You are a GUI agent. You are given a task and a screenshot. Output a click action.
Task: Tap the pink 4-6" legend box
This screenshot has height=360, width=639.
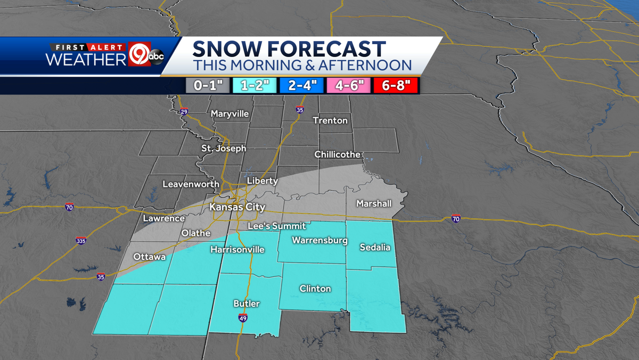[349, 86]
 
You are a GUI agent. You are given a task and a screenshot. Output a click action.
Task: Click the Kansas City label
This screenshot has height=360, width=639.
[237, 207]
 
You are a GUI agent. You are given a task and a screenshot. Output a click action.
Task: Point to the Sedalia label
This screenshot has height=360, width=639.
[375, 247]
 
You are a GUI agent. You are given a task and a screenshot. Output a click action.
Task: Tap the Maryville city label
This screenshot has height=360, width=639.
[230, 113]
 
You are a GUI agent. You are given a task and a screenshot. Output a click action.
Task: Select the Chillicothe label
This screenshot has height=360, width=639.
[337, 154]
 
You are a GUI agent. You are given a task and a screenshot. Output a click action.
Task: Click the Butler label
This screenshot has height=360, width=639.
[247, 304]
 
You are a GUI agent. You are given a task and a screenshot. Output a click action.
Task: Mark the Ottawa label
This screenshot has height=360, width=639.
[150, 257]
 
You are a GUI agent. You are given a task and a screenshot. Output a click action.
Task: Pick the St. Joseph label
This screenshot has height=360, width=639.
[224, 148]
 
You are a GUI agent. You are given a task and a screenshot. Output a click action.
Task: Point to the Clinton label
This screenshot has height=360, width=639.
[315, 289]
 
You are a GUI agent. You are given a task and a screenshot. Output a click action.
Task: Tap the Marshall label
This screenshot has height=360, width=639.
[374, 203]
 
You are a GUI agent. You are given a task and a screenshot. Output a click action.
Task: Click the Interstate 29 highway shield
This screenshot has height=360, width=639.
[184, 112]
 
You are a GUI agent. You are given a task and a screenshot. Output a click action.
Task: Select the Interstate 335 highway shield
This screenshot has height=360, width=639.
[80, 241]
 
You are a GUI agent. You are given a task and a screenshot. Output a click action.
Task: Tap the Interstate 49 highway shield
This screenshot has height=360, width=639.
[242, 318]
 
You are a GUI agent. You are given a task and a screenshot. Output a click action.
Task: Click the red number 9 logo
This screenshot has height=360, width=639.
[137, 56]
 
